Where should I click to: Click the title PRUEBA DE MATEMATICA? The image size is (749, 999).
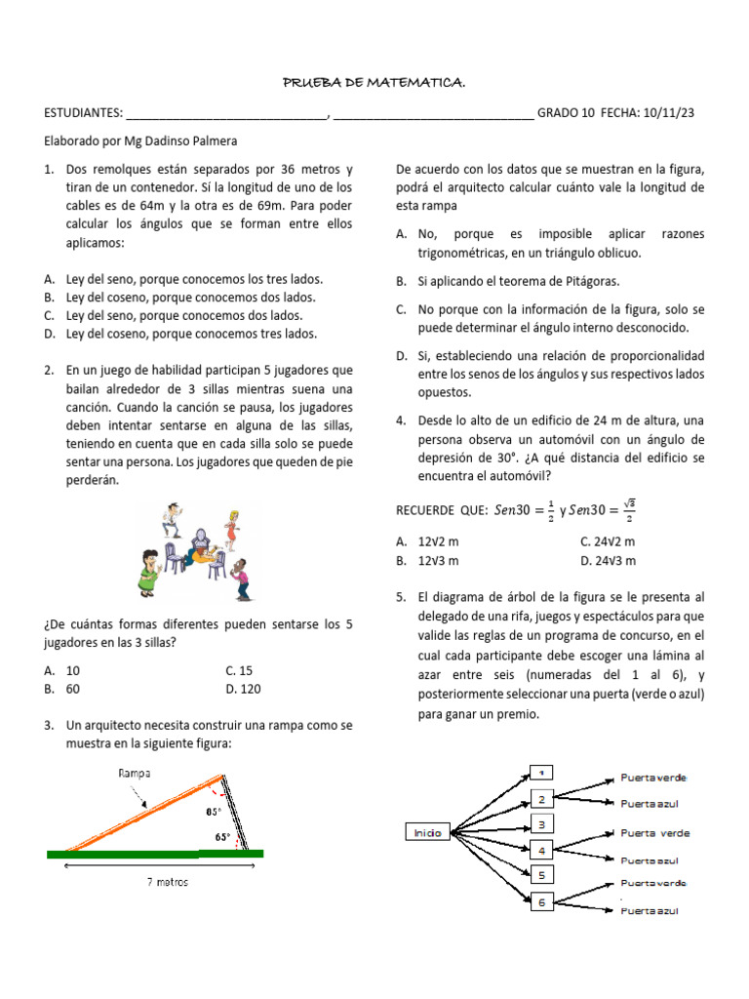tap(374, 85)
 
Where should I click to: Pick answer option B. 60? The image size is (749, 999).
tap(64, 689)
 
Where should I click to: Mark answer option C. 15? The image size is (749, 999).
tap(238, 670)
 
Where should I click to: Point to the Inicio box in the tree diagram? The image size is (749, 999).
tap(428, 832)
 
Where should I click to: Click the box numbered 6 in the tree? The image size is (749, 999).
tap(541, 902)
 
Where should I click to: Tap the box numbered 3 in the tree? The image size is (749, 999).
tap(541, 824)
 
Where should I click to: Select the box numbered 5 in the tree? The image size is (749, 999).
tap(541, 875)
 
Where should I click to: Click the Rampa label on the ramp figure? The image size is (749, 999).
tap(134, 773)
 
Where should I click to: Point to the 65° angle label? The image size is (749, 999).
tap(222, 836)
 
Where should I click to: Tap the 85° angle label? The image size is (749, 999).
tap(213, 812)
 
